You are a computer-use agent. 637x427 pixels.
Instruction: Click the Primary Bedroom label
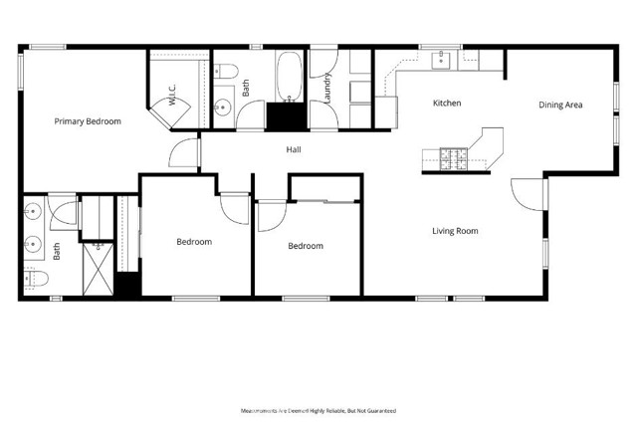click(x=88, y=121)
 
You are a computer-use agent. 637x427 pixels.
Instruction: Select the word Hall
click(x=294, y=150)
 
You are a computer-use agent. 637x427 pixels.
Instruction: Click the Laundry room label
click(x=326, y=92)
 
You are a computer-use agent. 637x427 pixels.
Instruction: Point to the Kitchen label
click(x=446, y=104)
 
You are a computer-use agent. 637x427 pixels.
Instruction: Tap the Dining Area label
click(x=560, y=105)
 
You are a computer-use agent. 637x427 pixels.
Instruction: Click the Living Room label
click(x=455, y=231)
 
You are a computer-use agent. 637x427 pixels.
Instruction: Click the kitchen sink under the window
click(x=441, y=61)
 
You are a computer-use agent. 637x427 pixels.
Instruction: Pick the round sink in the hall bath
click(x=223, y=107)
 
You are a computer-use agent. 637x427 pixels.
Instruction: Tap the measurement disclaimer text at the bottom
click(x=318, y=410)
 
